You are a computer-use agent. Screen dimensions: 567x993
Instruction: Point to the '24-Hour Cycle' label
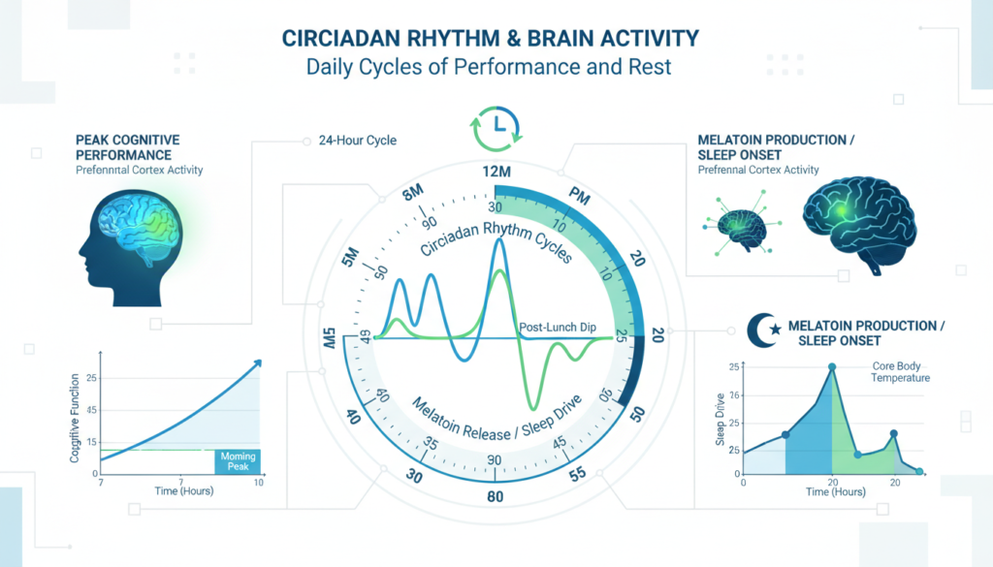[x=357, y=141]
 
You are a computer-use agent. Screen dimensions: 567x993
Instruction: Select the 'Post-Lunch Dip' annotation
[x=559, y=327]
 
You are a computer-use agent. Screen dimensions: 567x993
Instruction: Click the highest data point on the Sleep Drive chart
[x=832, y=367]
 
